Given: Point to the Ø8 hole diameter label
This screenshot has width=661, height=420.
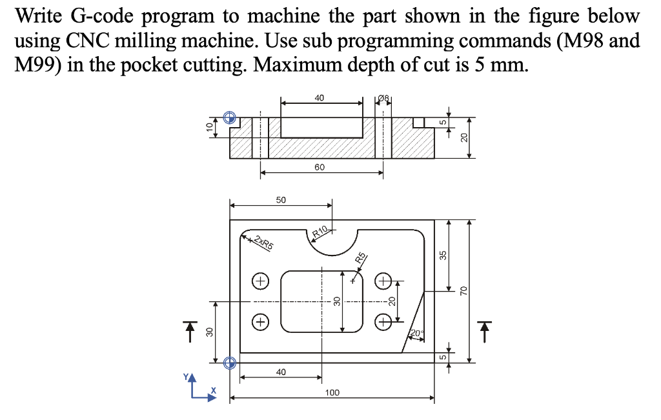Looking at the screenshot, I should (384, 99).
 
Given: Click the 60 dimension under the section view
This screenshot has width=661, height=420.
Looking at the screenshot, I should (320, 167).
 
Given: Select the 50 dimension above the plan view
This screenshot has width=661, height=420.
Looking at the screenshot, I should (281, 200).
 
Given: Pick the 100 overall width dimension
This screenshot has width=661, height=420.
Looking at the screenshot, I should (332, 392).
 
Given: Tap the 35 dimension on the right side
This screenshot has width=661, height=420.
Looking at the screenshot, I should (443, 255).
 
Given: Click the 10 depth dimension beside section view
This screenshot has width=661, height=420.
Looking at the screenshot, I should (208, 127).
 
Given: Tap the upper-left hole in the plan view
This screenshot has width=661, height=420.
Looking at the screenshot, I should (260, 281).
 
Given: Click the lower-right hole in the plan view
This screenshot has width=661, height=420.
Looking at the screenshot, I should (384, 321).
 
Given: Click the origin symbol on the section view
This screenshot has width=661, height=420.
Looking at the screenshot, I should (229, 117).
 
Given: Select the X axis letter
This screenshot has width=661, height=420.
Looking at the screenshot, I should (214, 391).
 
